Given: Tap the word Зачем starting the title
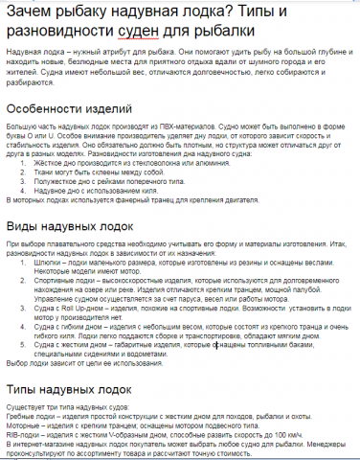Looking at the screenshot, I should coord(28,11).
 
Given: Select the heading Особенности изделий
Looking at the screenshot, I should coord(65,110).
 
